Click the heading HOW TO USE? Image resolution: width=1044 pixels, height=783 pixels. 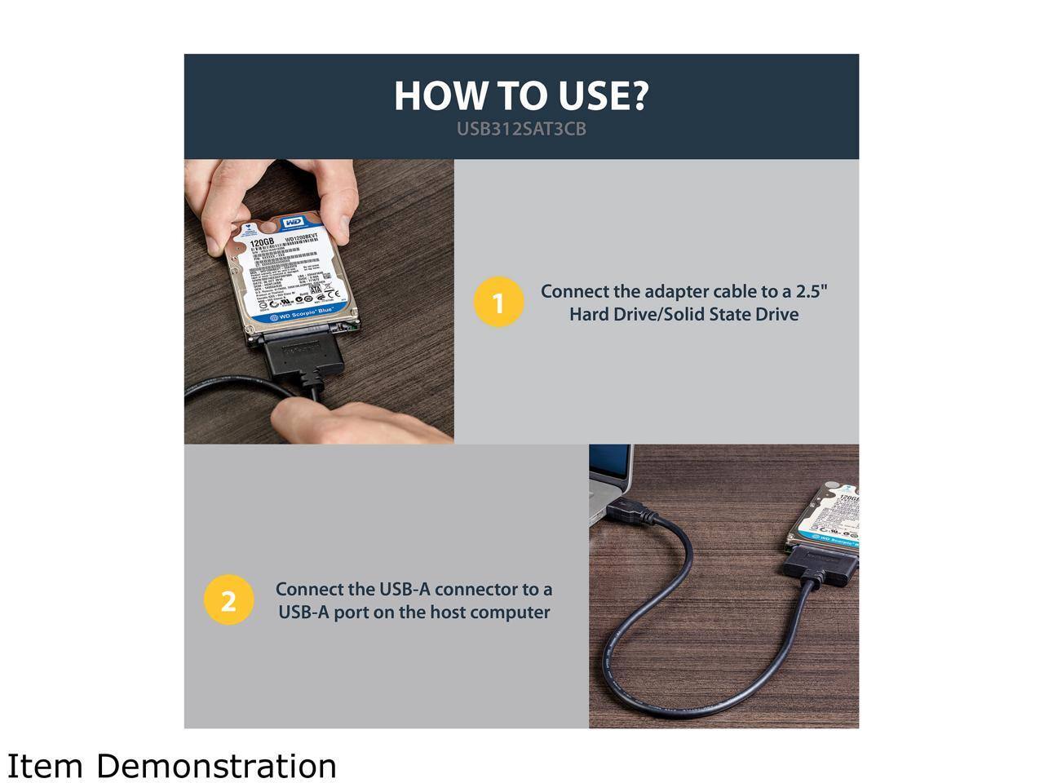(x=521, y=95)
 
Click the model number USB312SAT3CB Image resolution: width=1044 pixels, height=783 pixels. (x=521, y=129)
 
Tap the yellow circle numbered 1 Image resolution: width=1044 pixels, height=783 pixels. (x=498, y=303)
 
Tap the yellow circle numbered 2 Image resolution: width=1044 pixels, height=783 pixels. (x=228, y=600)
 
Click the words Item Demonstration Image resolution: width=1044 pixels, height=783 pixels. (x=172, y=766)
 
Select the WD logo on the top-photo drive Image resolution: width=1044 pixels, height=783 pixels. (x=293, y=223)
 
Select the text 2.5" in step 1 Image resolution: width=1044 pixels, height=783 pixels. (x=812, y=291)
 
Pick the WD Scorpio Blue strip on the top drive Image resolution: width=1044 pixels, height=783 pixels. (x=302, y=315)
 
